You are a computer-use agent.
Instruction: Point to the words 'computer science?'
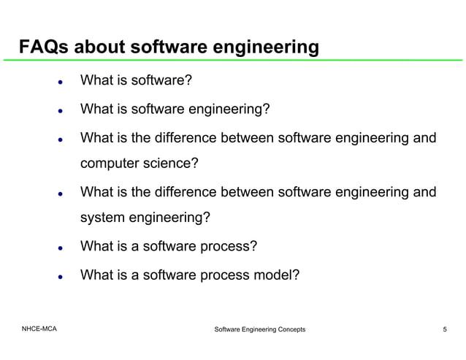139,164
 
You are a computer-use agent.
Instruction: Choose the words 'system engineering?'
145,218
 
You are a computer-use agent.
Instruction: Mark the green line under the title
233,61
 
